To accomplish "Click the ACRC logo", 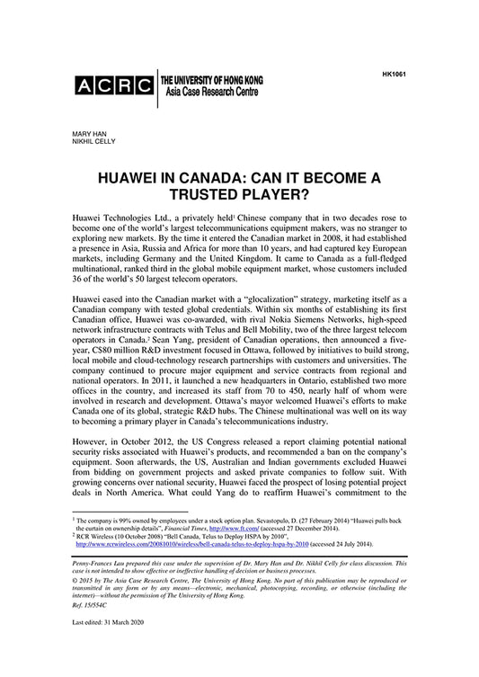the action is [112, 86].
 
